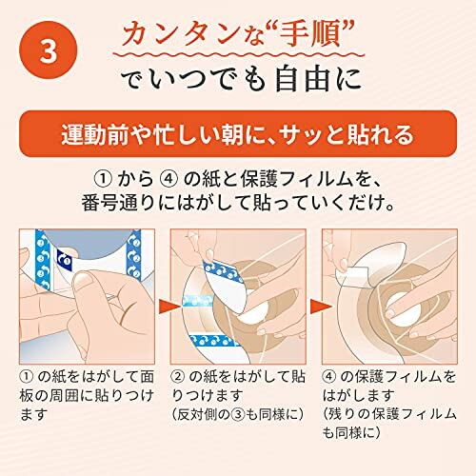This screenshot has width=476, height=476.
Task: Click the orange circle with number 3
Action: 49,50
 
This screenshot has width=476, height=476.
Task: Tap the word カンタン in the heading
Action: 182,34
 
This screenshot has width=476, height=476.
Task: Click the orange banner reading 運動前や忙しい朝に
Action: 238,133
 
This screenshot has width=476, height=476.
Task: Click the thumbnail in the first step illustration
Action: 87,281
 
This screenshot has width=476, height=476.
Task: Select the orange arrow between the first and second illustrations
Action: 166,306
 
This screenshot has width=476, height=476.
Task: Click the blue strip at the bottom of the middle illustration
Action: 211,341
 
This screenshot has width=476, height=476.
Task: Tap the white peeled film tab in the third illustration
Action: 351,272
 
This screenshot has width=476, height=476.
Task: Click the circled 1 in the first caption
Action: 27,376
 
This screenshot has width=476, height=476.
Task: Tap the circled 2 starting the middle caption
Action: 177,376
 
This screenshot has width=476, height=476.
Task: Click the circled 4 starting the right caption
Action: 328,376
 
